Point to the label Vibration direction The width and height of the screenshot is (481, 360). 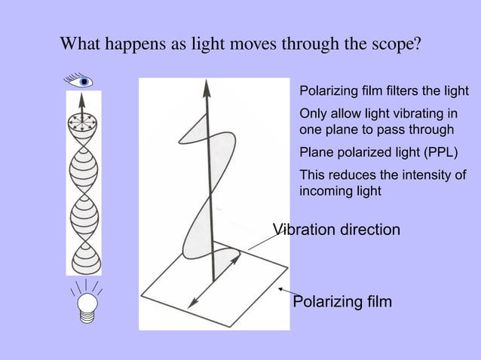click(x=335, y=230)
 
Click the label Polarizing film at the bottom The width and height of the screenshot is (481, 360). click(x=342, y=303)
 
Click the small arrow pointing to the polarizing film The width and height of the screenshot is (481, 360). click(x=283, y=290)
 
